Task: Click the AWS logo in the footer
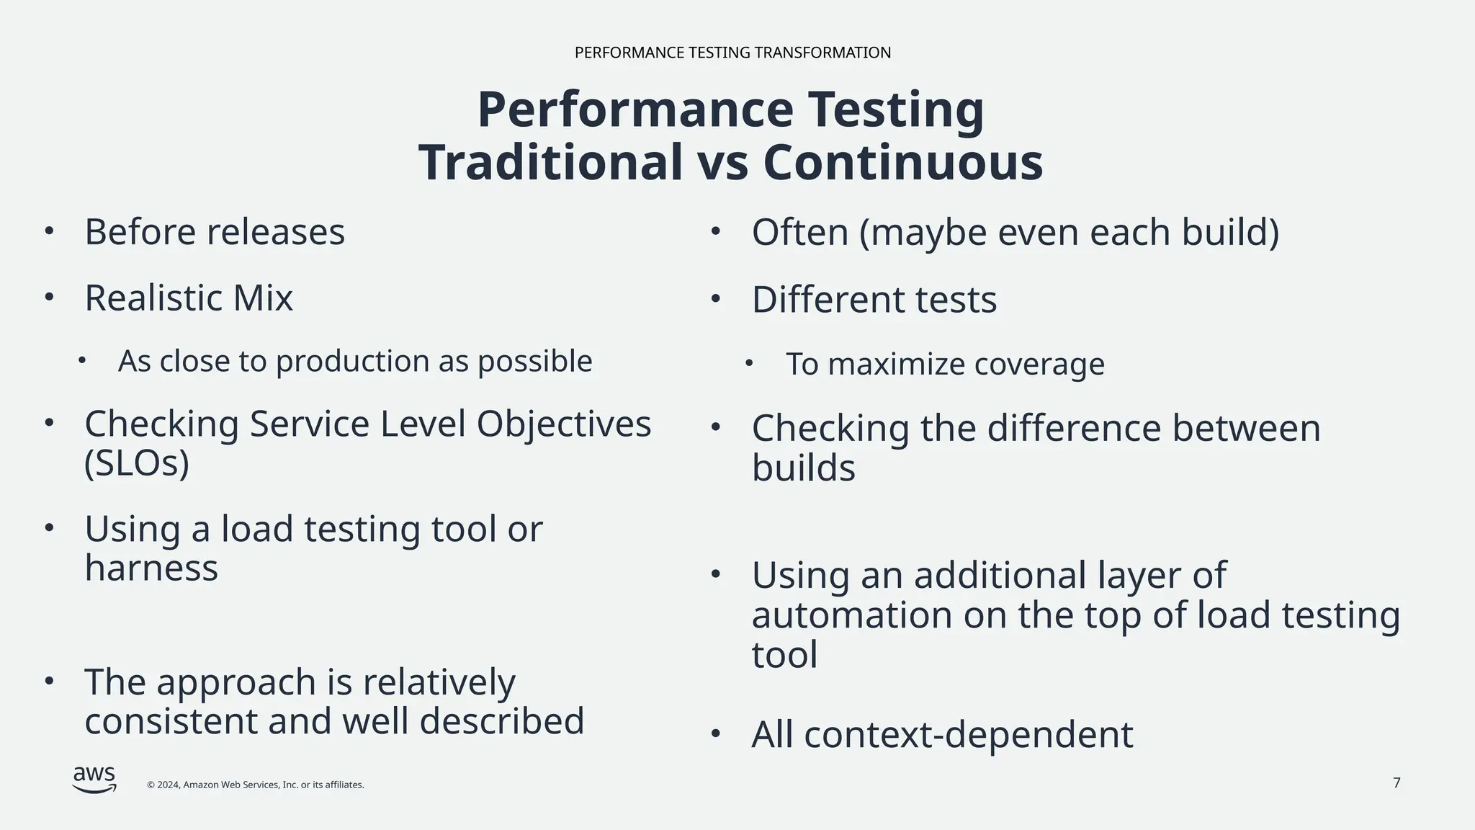click(94, 780)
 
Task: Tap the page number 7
click(1396, 783)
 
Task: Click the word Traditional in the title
click(550, 163)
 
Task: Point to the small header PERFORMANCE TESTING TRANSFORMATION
click(732, 53)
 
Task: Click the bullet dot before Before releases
click(49, 231)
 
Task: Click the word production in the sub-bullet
click(353, 362)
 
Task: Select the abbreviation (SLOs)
click(137, 463)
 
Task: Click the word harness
click(151, 568)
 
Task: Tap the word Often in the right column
click(800, 233)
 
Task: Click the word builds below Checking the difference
click(803, 468)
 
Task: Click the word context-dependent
click(968, 736)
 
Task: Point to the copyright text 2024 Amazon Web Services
click(256, 785)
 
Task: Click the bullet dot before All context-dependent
click(715, 734)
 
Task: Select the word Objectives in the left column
click(563, 424)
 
